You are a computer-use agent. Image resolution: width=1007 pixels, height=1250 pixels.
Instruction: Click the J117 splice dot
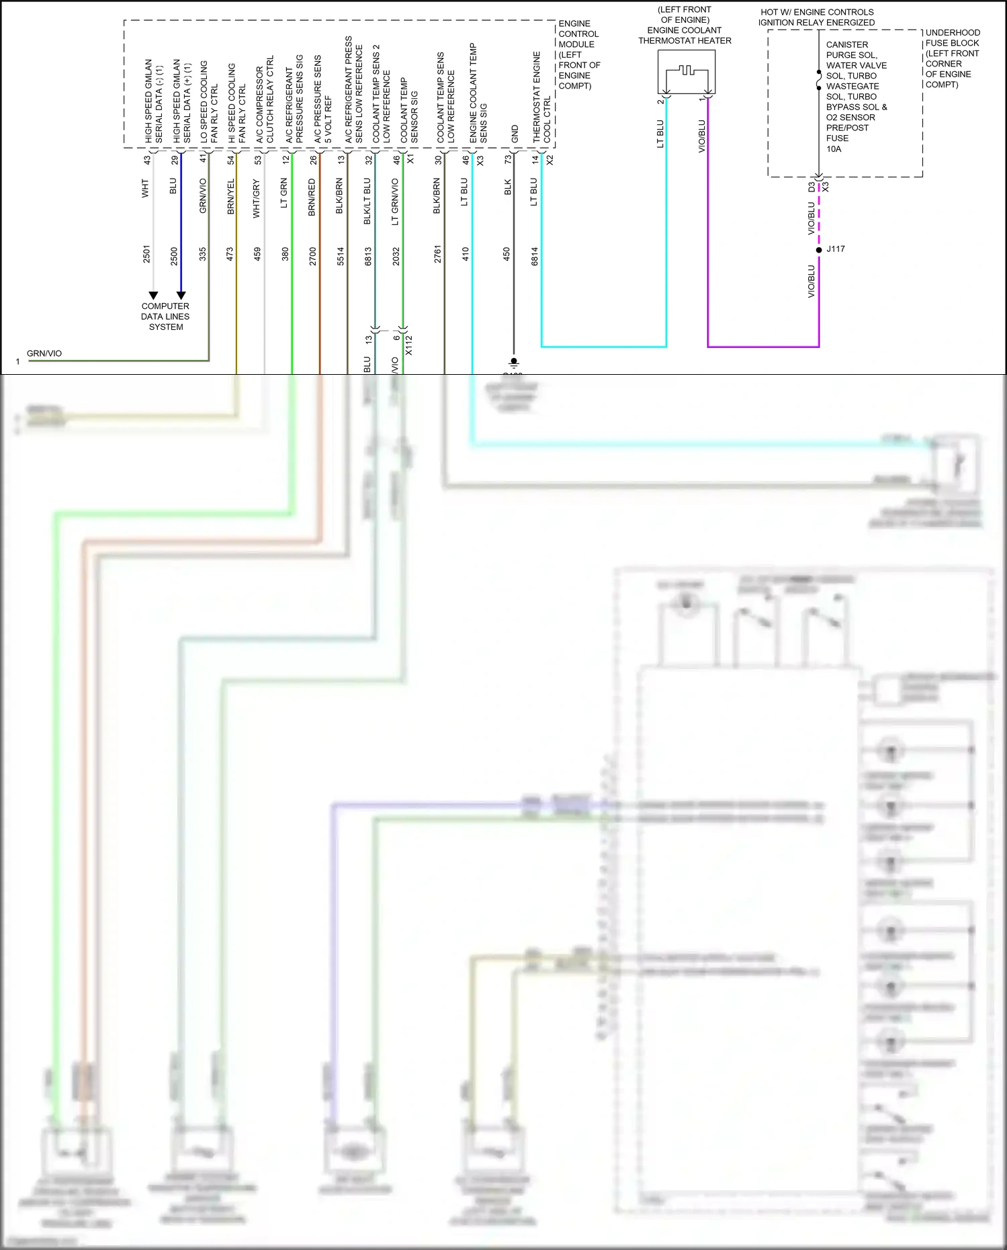pos(819,250)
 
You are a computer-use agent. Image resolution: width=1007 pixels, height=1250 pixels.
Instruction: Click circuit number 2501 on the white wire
pos(146,255)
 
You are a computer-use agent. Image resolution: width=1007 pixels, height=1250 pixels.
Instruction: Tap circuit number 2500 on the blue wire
pos(174,255)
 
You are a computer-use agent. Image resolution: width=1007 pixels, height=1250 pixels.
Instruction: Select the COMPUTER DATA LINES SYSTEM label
pos(165,316)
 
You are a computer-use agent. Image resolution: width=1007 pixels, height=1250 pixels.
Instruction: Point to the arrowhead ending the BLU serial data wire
pos(181,295)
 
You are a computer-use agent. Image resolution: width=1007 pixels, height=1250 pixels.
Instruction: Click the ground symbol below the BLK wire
pos(514,363)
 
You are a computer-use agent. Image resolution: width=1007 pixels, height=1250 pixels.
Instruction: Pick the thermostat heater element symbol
pos(685,71)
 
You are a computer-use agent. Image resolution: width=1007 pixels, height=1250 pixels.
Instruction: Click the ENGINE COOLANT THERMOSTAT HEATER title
pos(685,36)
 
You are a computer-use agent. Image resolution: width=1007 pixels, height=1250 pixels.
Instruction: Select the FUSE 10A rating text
pos(837,144)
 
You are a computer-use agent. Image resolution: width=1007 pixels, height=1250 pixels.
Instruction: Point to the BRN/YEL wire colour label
pos(230,197)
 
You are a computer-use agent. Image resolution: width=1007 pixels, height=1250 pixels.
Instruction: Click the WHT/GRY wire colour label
pos(257,199)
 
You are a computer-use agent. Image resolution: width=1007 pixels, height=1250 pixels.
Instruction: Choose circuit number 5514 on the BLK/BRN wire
pos(341,256)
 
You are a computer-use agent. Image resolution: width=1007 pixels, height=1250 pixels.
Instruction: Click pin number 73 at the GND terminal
pos(508,159)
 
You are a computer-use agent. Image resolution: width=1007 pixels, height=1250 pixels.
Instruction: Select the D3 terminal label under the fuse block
pos(812,187)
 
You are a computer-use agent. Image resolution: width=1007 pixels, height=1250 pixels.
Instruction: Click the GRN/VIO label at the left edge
pos(44,353)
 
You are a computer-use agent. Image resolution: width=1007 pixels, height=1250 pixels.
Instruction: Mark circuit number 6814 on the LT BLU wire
pos(535,256)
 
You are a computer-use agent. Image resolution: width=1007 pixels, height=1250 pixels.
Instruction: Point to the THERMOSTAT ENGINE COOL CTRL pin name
pos(542,97)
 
